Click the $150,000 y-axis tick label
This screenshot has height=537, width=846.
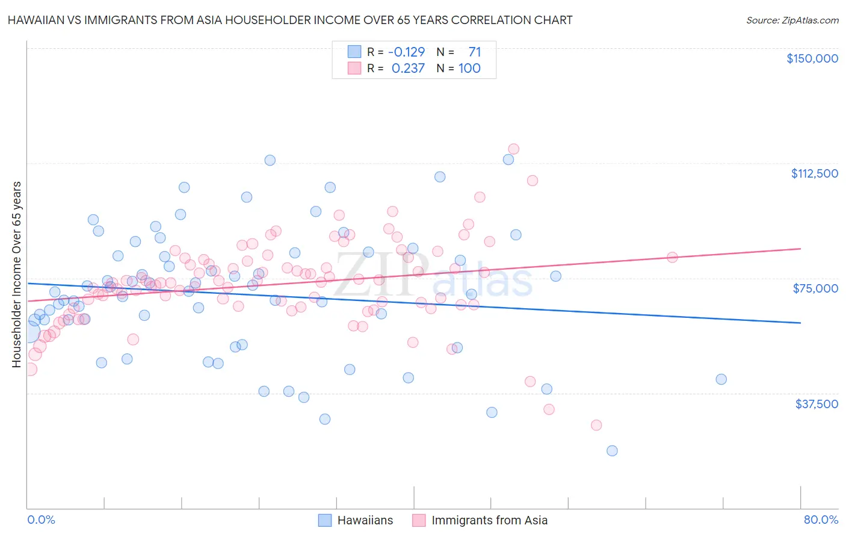(x=812, y=58)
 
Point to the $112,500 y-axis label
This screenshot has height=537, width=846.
(x=814, y=173)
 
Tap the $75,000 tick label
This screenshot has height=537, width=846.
(x=815, y=288)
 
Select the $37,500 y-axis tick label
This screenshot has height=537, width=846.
(x=817, y=404)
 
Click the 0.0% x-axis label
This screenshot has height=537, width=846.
(x=42, y=520)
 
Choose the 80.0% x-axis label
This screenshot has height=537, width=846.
(x=821, y=520)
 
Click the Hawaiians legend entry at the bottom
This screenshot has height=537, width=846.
(x=356, y=520)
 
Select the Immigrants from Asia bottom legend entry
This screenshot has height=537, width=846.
(x=480, y=520)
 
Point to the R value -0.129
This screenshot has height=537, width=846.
(x=406, y=52)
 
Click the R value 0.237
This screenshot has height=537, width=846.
(x=408, y=69)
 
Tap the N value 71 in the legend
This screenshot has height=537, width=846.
(x=474, y=52)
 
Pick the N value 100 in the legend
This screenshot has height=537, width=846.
(x=469, y=69)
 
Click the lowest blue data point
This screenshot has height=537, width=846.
(x=612, y=451)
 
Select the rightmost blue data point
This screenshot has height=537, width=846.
(x=721, y=379)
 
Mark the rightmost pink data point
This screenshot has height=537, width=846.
(x=672, y=258)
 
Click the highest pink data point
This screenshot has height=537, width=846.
(x=513, y=149)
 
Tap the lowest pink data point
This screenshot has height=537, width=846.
(x=596, y=425)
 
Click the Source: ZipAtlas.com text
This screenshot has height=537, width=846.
(x=792, y=20)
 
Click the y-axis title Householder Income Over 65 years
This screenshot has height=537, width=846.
(x=16, y=275)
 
